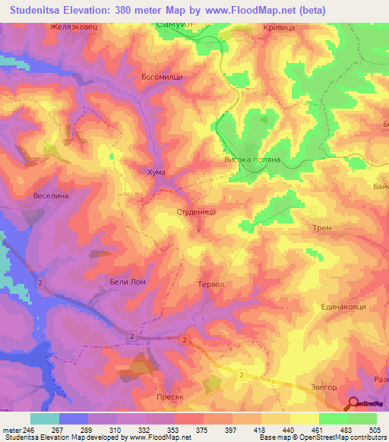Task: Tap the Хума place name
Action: click(156, 173)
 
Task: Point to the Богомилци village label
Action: click(163, 77)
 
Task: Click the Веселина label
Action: click(52, 195)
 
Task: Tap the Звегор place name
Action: click(302, 388)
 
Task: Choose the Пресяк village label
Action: click(147, 396)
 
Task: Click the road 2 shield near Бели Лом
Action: click(41, 282)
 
